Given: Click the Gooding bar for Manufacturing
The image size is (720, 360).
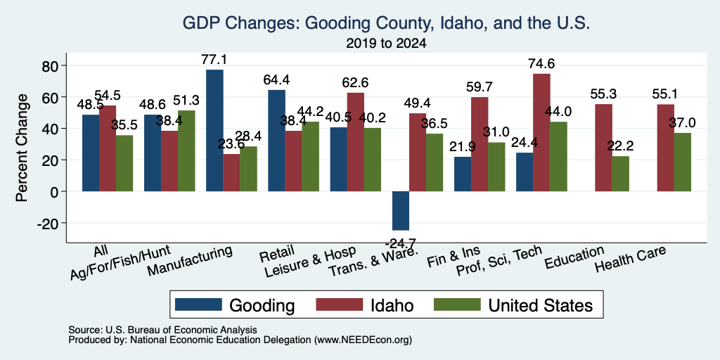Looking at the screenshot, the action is click(x=214, y=130).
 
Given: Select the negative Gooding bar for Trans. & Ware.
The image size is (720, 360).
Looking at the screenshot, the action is click(x=400, y=211).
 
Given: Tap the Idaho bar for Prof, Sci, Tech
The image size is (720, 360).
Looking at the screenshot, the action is click(x=541, y=133).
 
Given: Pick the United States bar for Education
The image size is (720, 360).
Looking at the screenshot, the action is click(x=620, y=174).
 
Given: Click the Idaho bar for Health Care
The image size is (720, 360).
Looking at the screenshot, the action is click(x=665, y=148).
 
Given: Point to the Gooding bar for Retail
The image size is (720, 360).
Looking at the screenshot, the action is click(x=276, y=141).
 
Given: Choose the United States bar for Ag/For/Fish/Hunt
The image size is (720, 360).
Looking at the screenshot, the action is click(x=186, y=151).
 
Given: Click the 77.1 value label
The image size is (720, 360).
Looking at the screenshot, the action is click(x=214, y=60).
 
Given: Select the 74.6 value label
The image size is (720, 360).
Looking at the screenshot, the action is click(x=541, y=64).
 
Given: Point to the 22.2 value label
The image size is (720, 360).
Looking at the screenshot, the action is click(x=620, y=146).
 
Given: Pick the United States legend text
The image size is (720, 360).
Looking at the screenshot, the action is click(x=541, y=305).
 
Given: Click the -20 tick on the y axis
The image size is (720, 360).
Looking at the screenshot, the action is click(x=51, y=223).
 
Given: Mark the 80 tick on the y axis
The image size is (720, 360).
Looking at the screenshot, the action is click(x=53, y=65).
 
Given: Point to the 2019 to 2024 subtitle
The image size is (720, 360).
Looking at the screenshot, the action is click(x=386, y=44).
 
